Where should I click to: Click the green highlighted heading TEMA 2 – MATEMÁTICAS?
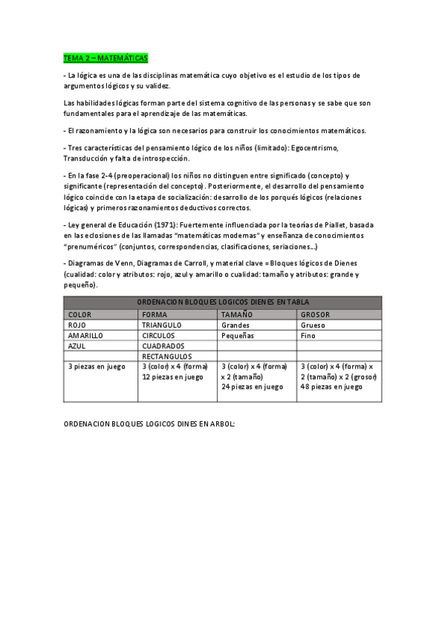[105, 57]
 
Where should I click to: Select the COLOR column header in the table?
[79, 314]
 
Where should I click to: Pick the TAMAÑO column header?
[237, 314]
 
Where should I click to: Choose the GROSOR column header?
[316, 314]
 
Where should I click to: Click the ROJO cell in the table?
[77, 325]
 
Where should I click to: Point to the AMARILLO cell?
[85, 335]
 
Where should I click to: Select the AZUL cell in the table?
[77, 345]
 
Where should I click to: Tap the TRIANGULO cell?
[162, 325]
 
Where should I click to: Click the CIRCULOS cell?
[159, 335]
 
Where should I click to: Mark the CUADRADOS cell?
[163, 345]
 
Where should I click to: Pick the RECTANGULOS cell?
[167, 356]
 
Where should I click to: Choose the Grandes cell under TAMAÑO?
[236, 325]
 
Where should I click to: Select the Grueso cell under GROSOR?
[314, 325]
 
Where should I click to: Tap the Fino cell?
[308, 335]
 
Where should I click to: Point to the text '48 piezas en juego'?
[331, 386]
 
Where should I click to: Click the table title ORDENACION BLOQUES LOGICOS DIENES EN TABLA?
[224, 302]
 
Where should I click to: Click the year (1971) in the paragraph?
[165, 224]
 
